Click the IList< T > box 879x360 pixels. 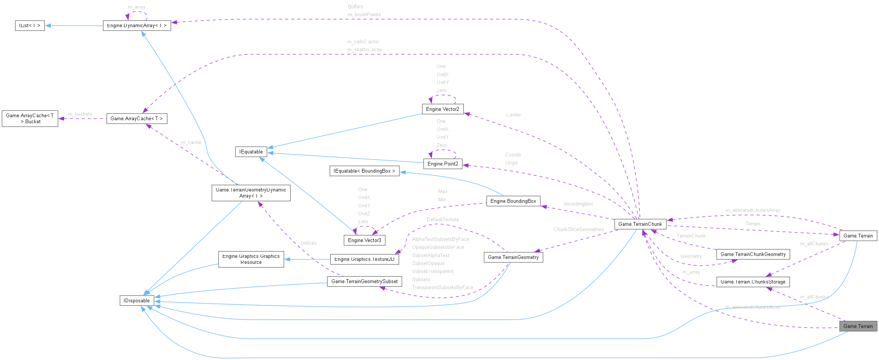(29, 26)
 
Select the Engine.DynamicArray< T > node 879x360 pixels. (137, 26)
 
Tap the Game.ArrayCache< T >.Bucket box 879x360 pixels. (30, 118)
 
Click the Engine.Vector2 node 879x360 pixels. (442, 109)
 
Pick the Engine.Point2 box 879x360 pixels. (442, 164)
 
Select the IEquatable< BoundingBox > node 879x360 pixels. (364, 171)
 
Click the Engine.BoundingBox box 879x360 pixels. (513, 201)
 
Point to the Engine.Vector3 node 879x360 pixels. (364, 240)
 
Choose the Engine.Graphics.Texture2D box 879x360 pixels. (364, 259)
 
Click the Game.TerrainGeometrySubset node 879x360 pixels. (364, 281)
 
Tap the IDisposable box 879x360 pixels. (137, 300)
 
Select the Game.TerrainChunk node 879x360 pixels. (640, 224)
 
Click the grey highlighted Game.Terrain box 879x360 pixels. (858, 326)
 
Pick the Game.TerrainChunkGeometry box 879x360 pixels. (753, 254)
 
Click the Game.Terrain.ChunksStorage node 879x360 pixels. (753, 282)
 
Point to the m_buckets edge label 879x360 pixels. (80, 114)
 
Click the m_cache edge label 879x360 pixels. (191, 142)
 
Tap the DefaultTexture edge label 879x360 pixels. (443, 219)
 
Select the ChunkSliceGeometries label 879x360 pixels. (578, 229)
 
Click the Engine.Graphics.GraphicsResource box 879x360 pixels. (251, 259)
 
